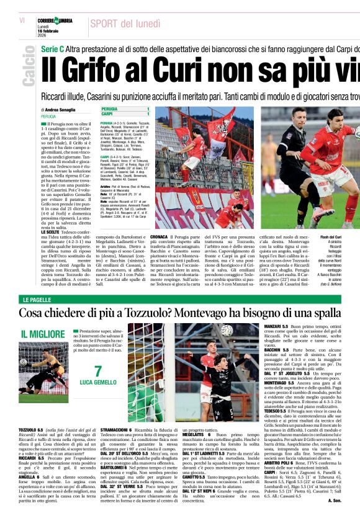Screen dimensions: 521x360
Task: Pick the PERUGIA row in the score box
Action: [109, 109]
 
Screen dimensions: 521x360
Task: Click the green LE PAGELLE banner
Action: [37, 300]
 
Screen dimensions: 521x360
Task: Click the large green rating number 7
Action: [97, 372]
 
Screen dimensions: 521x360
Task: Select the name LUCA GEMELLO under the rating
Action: [97, 383]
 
